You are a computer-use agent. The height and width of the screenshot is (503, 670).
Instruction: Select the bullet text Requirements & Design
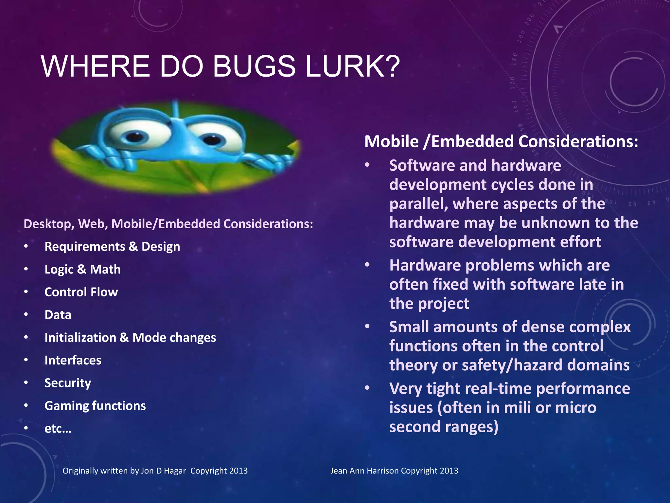(x=112, y=247)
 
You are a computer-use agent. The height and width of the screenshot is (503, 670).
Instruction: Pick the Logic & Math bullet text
(x=82, y=270)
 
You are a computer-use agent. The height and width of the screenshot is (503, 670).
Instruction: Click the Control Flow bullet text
(x=81, y=292)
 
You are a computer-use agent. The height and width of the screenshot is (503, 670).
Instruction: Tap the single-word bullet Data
(x=58, y=315)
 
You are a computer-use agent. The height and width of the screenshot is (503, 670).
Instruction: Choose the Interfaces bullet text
(x=73, y=360)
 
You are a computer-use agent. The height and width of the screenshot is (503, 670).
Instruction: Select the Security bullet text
(x=68, y=383)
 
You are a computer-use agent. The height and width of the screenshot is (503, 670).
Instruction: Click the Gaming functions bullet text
(x=95, y=406)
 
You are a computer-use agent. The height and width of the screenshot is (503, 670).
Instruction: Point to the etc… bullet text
(x=58, y=429)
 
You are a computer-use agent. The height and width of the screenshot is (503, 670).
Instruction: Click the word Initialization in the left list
(x=80, y=338)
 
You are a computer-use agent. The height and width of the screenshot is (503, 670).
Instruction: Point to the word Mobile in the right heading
(x=391, y=142)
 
